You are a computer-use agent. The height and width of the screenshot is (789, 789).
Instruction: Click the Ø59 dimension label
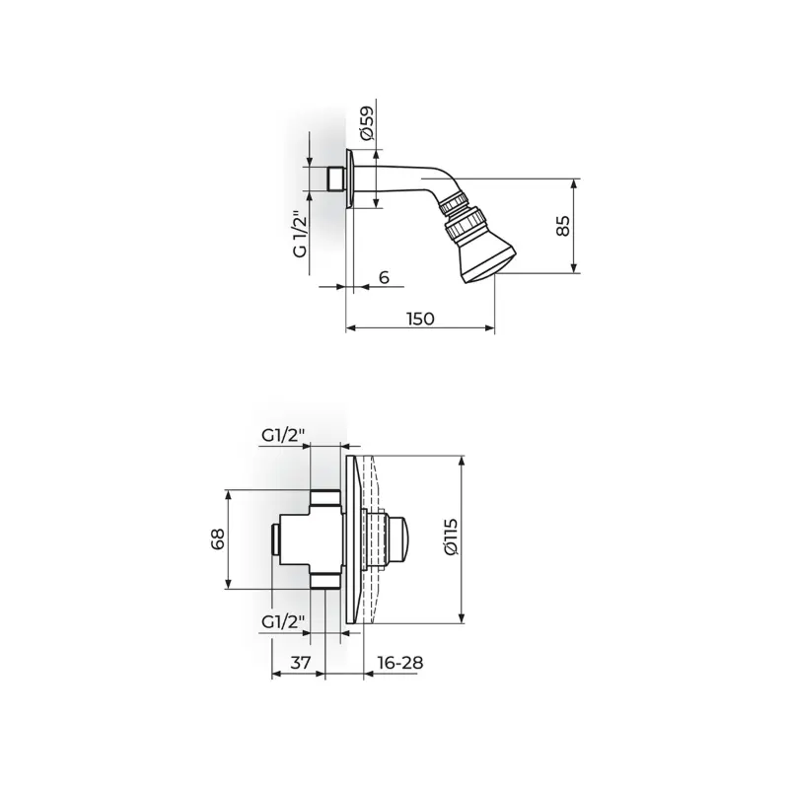[366, 122]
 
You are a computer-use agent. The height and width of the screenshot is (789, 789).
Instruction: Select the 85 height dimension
[563, 226]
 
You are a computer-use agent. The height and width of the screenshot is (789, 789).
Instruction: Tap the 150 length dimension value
[420, 319]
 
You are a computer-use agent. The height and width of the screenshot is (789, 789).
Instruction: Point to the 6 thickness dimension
[384, 277]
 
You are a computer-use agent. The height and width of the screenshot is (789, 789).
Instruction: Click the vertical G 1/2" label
[300, 234]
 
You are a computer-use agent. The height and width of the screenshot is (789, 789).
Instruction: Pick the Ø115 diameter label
[451, 537]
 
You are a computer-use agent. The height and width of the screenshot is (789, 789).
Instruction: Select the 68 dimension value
[217, 538]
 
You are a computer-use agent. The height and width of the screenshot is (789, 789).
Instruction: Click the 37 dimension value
[301, 663]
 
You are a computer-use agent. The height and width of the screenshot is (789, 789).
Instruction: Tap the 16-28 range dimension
[400, 663]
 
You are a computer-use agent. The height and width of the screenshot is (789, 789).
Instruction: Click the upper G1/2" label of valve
[283, 436]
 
